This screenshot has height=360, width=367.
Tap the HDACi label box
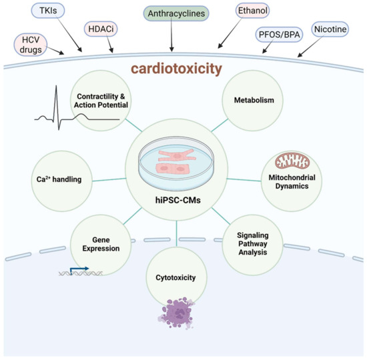(x=101, y=29)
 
